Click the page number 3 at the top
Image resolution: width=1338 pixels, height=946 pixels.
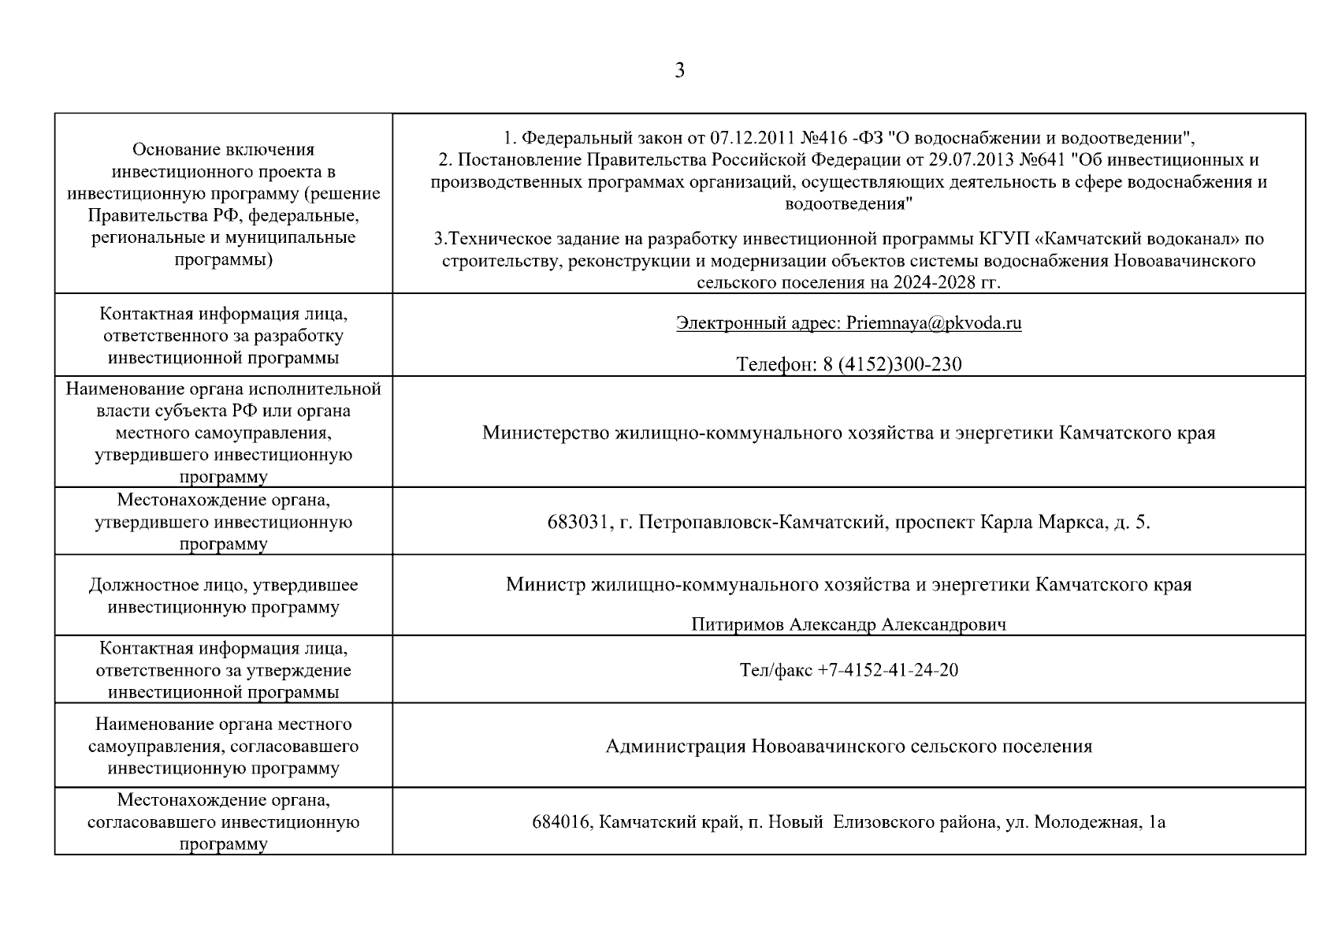coord(679,71)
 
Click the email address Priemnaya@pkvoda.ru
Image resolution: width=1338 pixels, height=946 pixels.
coord(934,323)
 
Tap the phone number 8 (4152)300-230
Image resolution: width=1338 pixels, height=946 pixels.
coord(892,364)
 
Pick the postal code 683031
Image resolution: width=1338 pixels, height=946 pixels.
coord(577,522)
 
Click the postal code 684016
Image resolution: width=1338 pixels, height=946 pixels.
coord(561,822)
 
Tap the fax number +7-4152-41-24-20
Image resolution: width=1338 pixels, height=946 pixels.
coord(888,670)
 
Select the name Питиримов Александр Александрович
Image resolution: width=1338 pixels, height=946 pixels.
coord(849,625)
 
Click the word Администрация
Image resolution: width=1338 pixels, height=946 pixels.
coord(675,747)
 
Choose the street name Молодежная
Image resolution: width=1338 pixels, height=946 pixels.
coord(1087,822)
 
